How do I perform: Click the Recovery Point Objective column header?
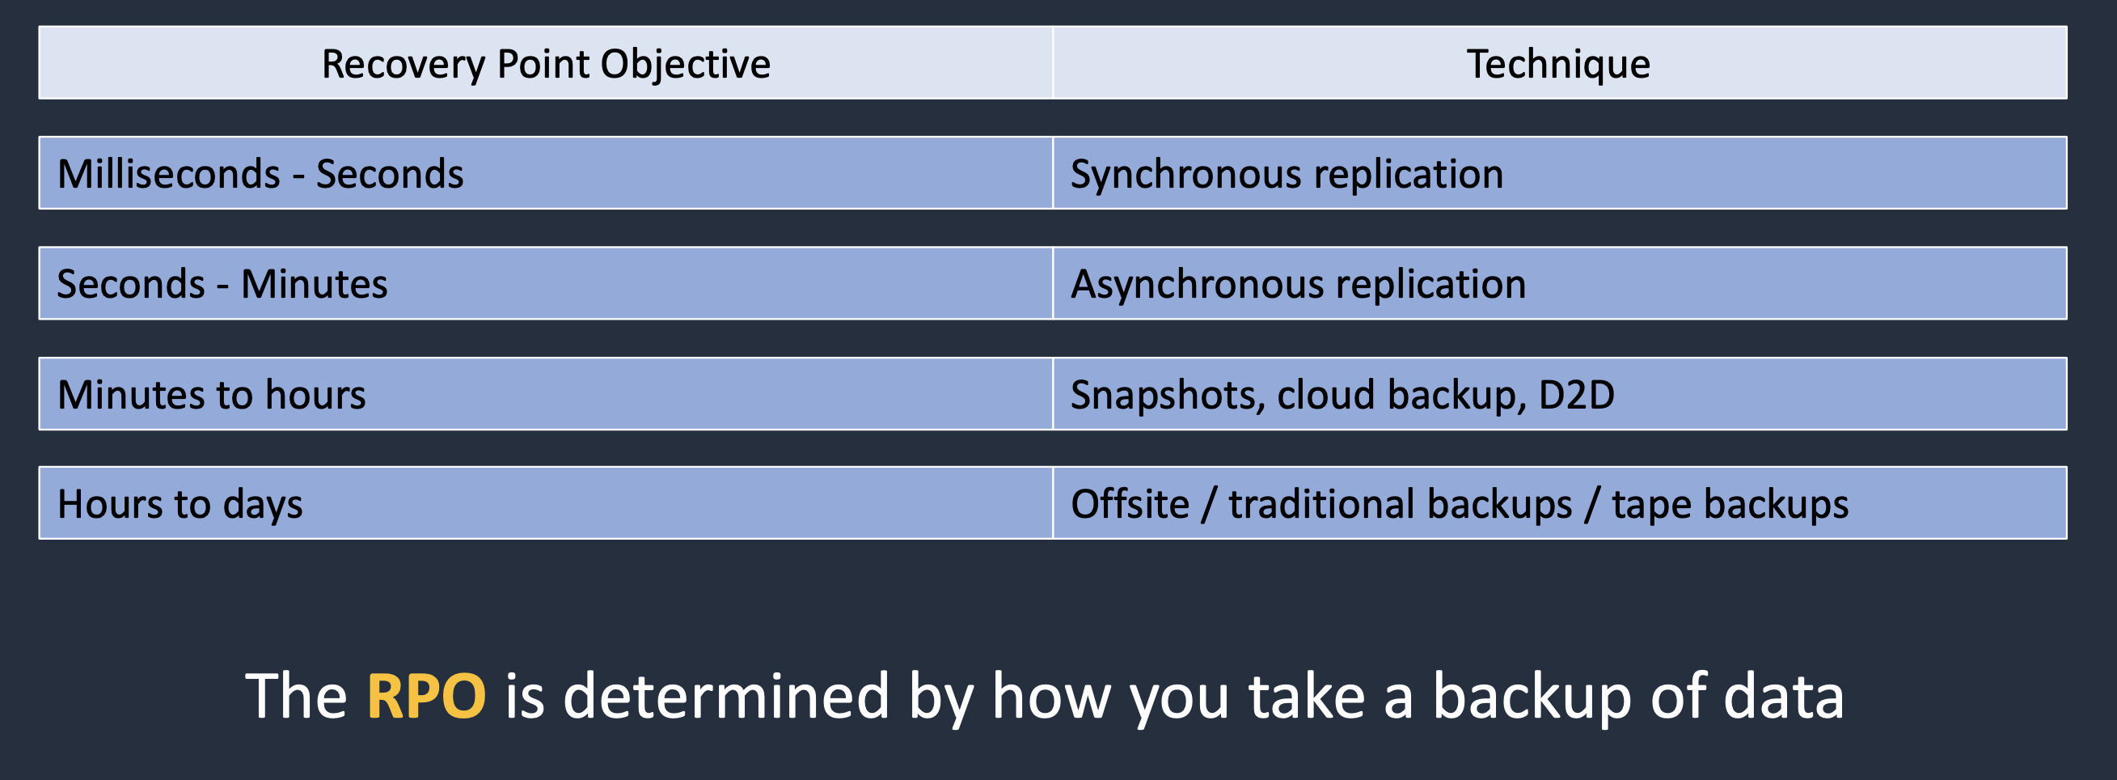point(546,63)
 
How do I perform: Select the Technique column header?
point(1559,63)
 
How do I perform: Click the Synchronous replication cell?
point(1559,172)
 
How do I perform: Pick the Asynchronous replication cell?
point(1559,283)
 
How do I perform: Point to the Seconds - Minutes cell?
point(546,283)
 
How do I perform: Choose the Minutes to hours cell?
point(546,394)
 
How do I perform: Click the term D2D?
point(1576,395)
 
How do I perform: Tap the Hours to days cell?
point(546,503)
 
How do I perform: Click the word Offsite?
point(1130,503)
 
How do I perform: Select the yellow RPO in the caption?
point(425,696)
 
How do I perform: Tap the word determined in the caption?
point(725,695)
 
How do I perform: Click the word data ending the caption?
point(1783,695)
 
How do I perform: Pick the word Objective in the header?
point(686,64)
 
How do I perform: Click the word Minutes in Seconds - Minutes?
point(314,283)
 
